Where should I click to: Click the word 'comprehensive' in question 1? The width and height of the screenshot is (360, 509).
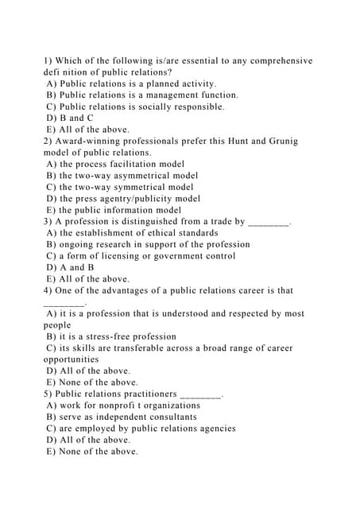tap(276, 60)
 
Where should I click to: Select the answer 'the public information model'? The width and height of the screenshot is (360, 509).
tap(119, 210)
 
